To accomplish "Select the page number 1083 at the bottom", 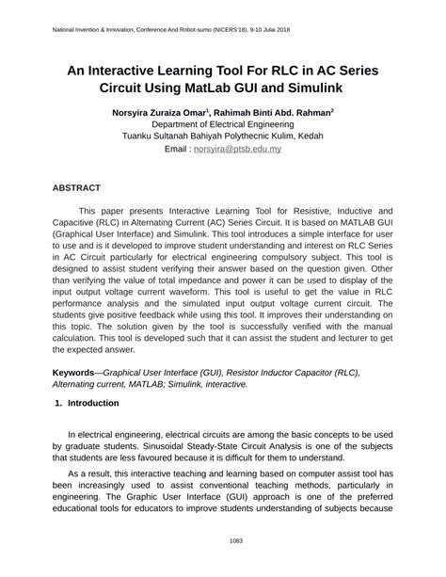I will coord(222,540).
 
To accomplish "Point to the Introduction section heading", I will coord(93,402).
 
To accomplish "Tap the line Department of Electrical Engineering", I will coord(222,124).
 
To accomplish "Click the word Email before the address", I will coord(178,149).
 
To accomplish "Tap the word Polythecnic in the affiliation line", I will coord(247,136).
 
